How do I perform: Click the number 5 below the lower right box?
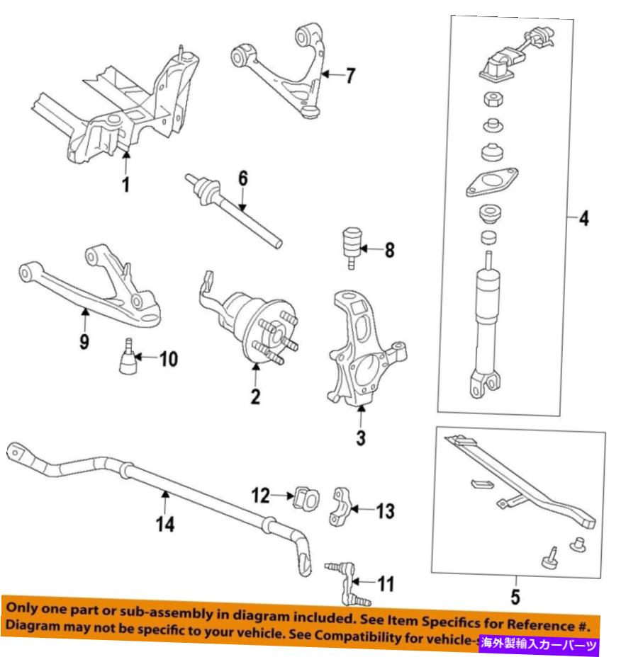click(x=515, y=597)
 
